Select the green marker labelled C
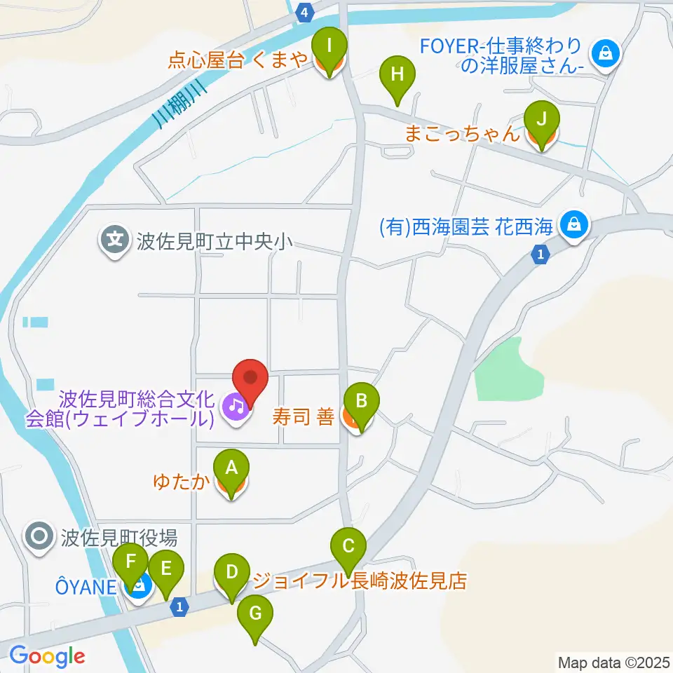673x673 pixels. pyautogui.click(x=348, y=546)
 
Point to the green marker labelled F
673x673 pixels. pyautogui.click(x=130, y=564)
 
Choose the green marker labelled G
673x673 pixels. pyautogui.click(x=254, y=616)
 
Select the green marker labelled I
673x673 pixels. pyautogui.click(x=329, y=48)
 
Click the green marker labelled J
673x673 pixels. pyautogui.click(x=541, y=121)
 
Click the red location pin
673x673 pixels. pyautogui.click(x=250, y=379)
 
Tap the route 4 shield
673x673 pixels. pyautogui.click(x=304, y=12)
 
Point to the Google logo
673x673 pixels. pyautogui.click(x=47, y=656)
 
